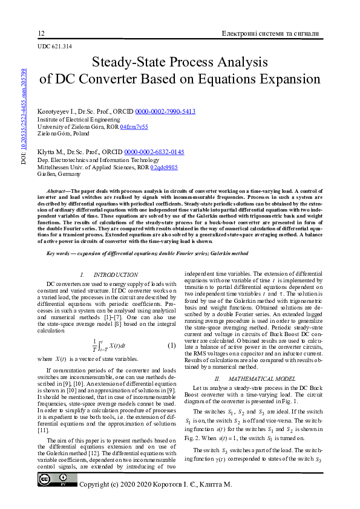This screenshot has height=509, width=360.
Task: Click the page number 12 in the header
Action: (41, 33)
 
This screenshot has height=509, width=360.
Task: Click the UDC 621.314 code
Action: (54, 46)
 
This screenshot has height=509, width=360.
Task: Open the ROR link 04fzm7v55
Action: (134, 127)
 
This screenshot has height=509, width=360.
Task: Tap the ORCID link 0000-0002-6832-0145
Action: (154, 152)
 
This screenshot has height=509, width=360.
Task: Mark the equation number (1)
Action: (171, 346)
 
